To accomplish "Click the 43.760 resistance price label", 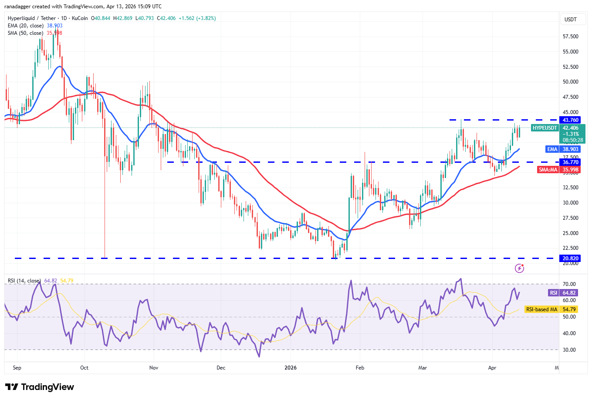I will pyautogui.click(x=570, y=120).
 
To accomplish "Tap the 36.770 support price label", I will pyautogui.click(x=570, y=162).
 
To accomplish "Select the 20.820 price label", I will pyautogui.click(x=570, y=259).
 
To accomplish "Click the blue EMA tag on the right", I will pyautogui.click(x=552, y=149).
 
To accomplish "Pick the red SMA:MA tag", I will pyautogui.click(x=548, y=170).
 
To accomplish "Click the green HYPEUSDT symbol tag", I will pyautogui.click(x=545, y=128).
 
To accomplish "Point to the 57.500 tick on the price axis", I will pyautogui.click(x=570, y=37).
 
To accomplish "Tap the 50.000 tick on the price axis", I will pyautogui.click(x=570, y=82).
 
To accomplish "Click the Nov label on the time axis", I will pyautogui.click(x=154, y=368).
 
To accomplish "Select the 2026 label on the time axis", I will pyautogui.click(x=290, y=368).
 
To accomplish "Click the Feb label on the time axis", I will pyautogui.click(x=360, y=368).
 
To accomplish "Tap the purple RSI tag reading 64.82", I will pyautogui.click(x=553, y=293).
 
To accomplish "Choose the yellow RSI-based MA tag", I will pyautogui.click(x=541, y=309).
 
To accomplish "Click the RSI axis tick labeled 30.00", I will pyautogui.click(x=568, y=350).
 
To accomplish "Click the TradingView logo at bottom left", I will pyautogui.click(x=40, y=387).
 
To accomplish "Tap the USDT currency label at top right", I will pyautogui.click(x=570, y=20).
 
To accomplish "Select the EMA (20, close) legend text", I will pyautogui.click(x=26, y=26).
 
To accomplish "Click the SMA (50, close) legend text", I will pyautogui.click(x=25, y=33).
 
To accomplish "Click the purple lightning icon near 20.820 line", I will pyautogui.click(x=519, y=269).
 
